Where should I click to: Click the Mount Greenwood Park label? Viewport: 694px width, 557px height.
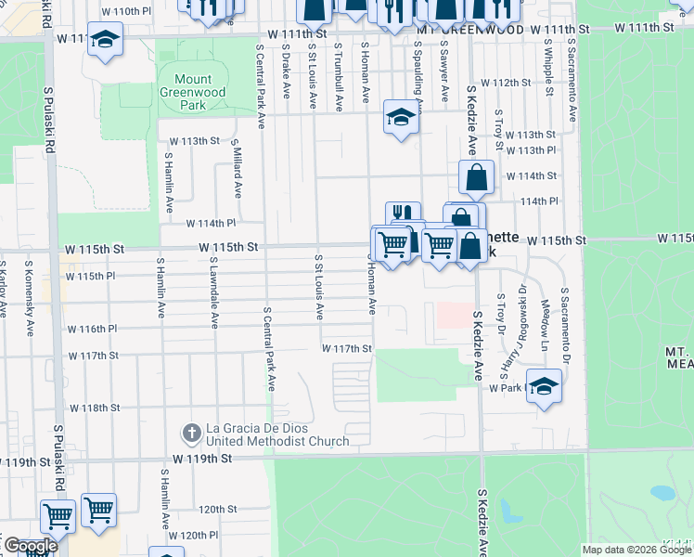[x=192, y=92]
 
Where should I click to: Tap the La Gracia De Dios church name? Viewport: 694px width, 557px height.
[x=276, y=434]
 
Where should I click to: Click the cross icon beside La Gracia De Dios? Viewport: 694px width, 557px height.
[x=190, y=432]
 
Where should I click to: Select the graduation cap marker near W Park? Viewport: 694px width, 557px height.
[x=544, y=385]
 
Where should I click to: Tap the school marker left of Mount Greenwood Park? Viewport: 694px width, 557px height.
[x=106, y=39]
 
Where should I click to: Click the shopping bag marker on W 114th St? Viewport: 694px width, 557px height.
[x=476, y=177]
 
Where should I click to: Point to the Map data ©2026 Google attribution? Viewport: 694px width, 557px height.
[x=636, y=550]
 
